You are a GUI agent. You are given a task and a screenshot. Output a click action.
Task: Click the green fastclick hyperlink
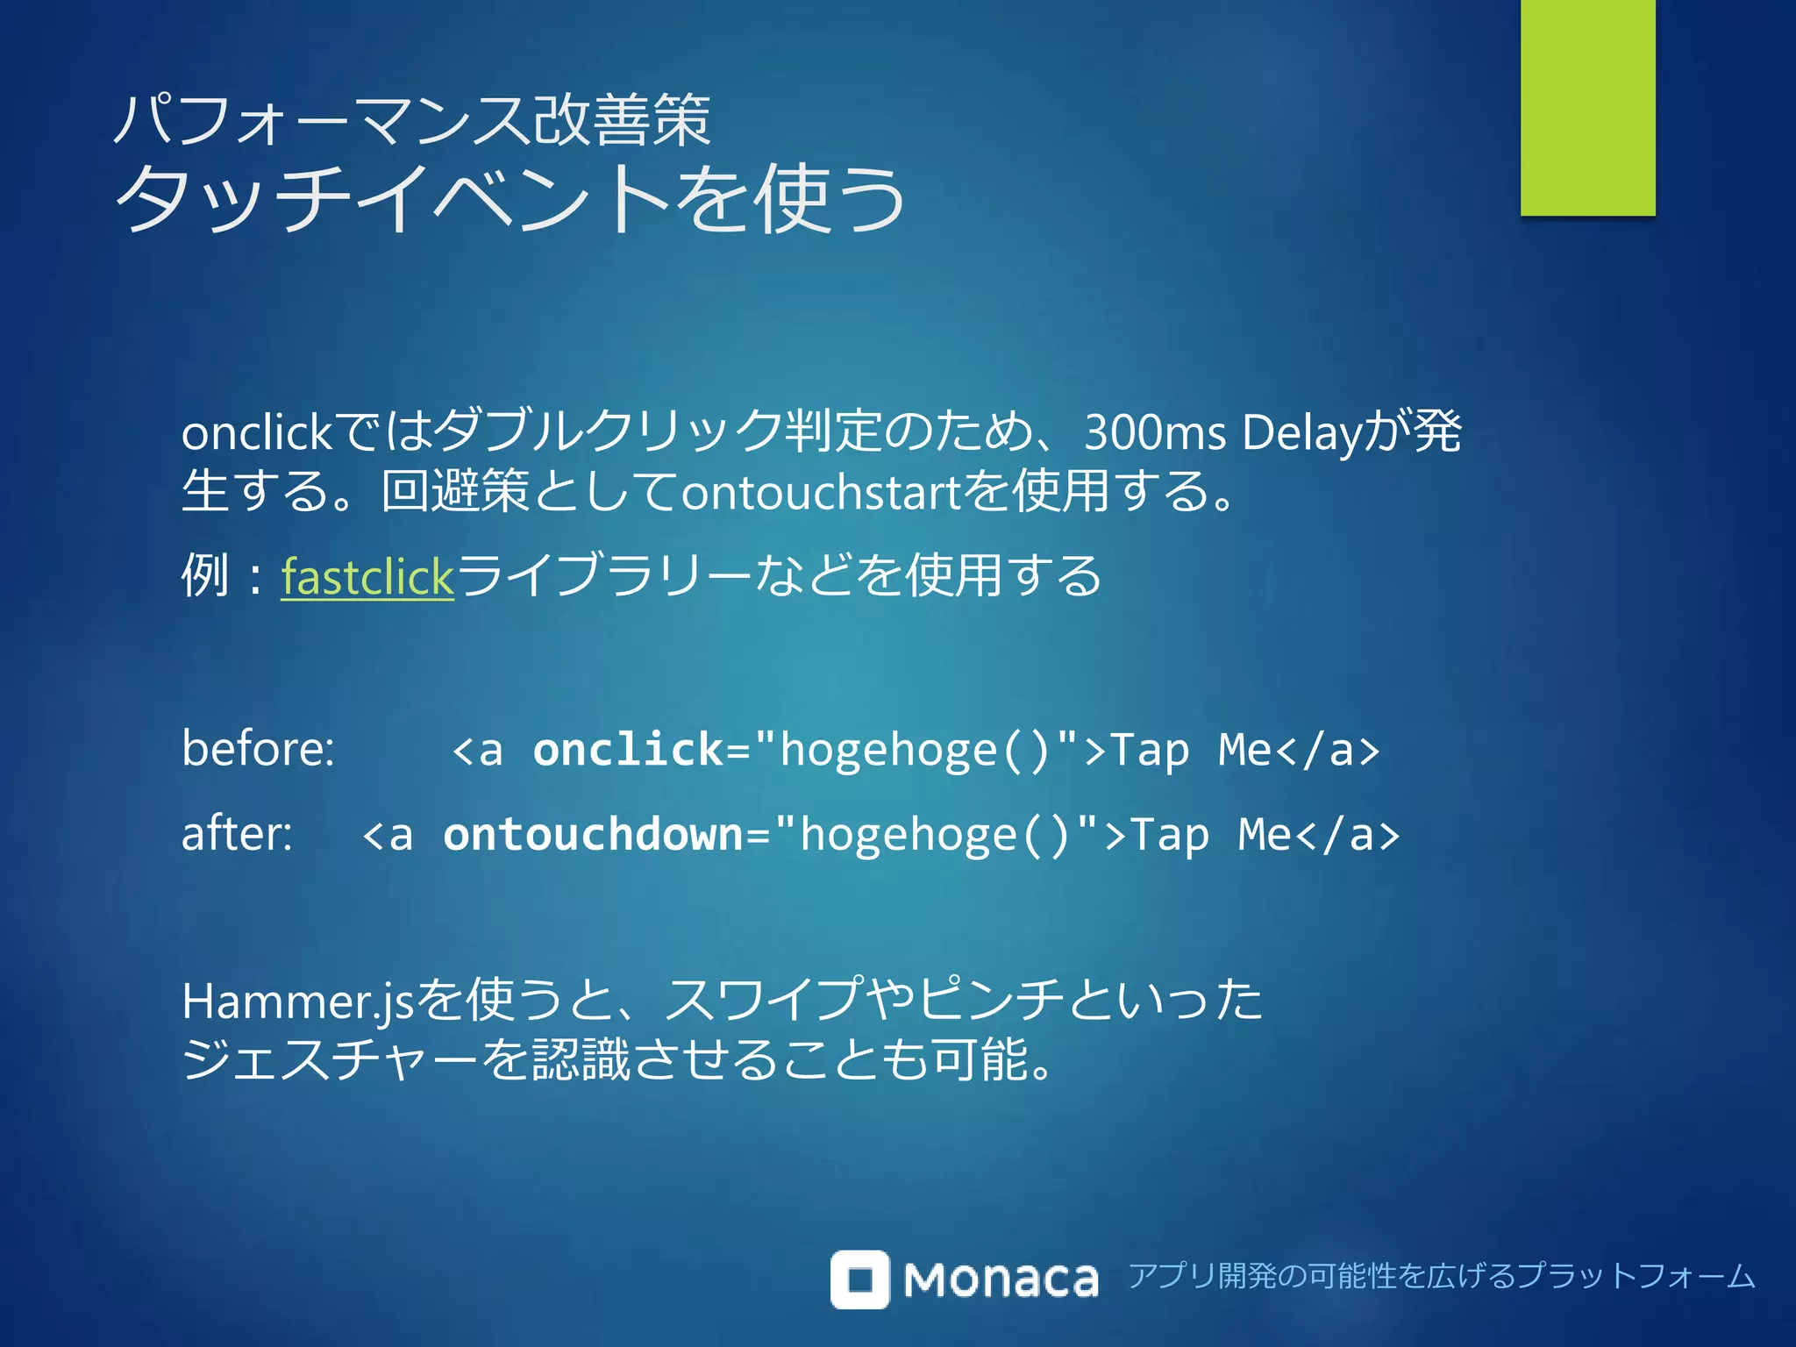click(x=367, y=577)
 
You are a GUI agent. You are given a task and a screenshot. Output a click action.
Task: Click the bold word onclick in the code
click(x=628, y=750)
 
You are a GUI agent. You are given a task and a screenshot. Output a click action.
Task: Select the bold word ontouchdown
click(x=594, y=834)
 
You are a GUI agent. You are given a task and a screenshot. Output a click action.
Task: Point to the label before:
click(x=258, y=749)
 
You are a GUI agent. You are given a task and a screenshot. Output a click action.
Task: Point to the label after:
click(x=237, y=834)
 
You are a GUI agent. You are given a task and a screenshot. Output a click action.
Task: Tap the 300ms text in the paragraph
click(x=1154, y=432)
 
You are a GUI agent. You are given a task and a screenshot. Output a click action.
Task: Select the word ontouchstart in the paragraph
click(x=822, y=492)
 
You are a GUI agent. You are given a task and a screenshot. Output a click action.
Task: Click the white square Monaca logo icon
click(x=859, y=1279)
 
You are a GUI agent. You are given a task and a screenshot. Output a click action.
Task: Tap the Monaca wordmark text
click(x=1001, y=1280)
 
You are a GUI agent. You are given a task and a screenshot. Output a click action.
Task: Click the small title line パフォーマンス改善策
click(x=412, y=120)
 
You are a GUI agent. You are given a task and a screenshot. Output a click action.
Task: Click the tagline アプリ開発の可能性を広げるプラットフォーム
click(x=1441, y=1276)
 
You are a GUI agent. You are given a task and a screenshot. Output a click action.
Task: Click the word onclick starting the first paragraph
click(x=256, y=433)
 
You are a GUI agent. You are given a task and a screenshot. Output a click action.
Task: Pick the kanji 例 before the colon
click(x=204, y=575)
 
